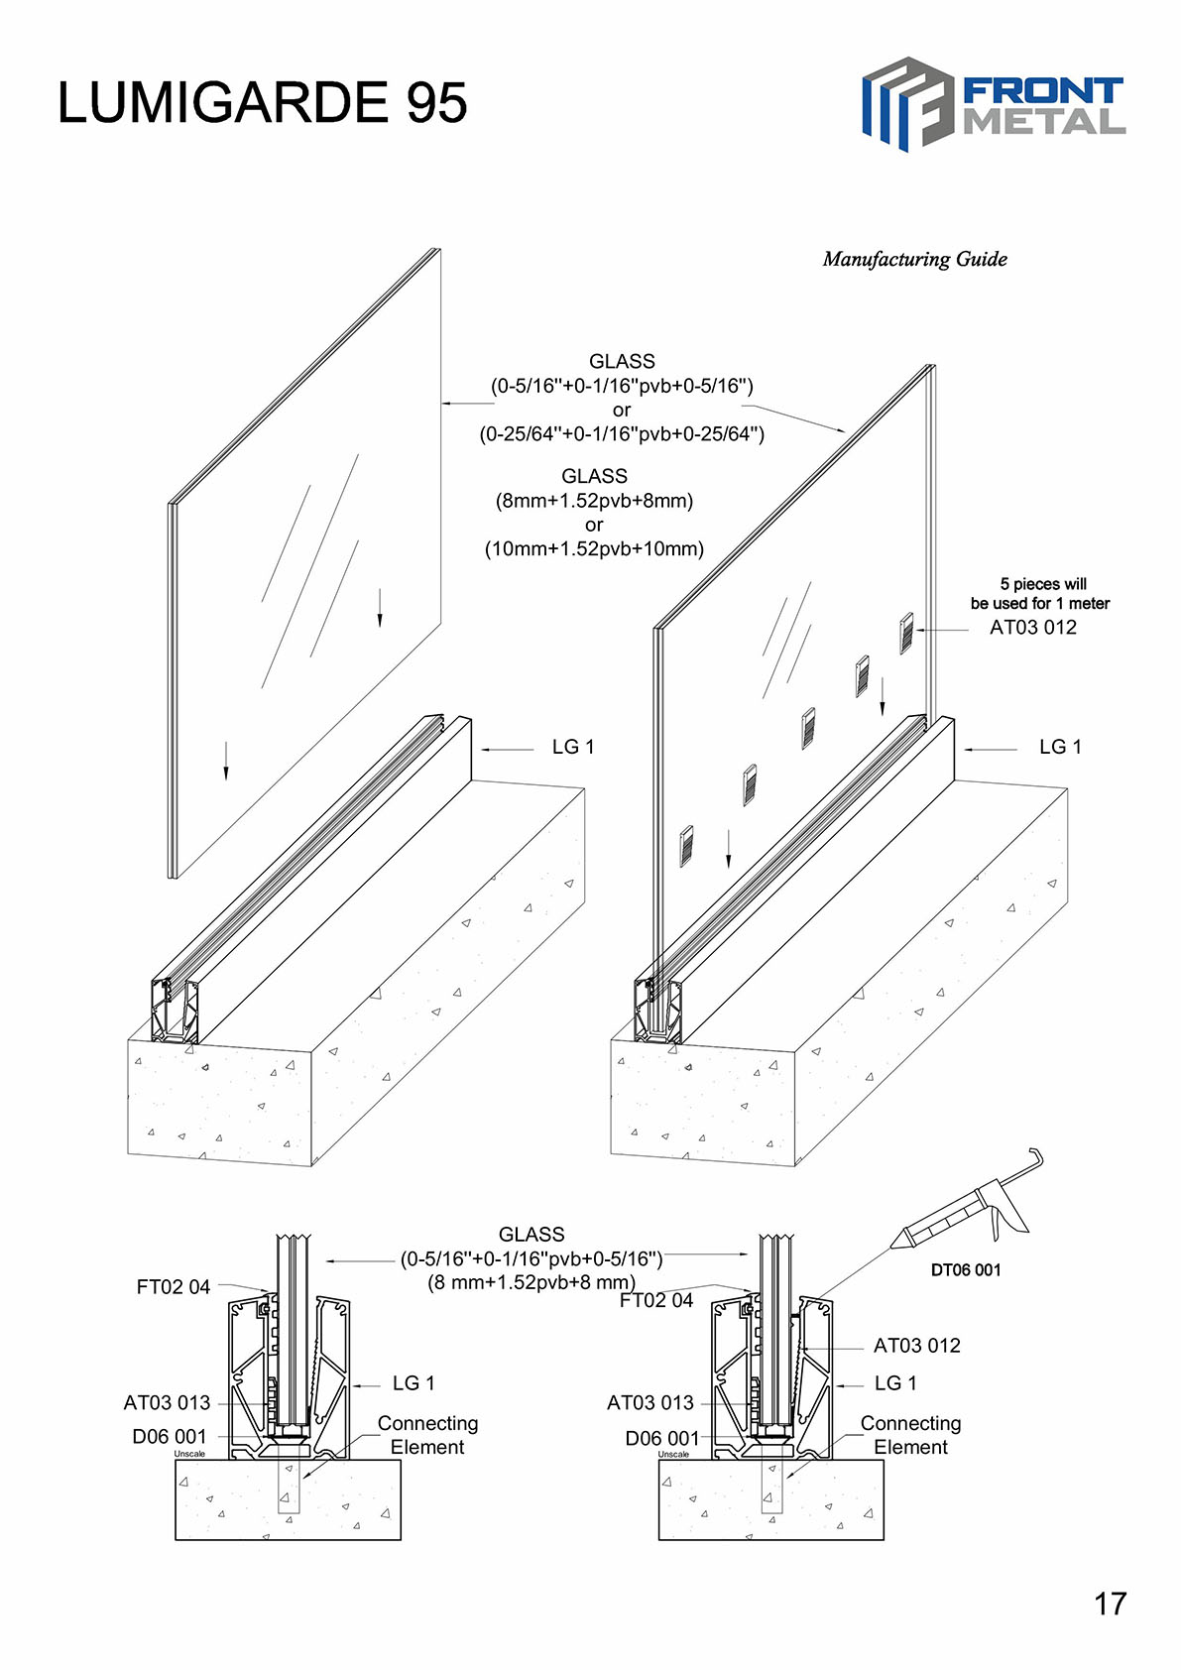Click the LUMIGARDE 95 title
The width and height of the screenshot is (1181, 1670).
coord(262,102)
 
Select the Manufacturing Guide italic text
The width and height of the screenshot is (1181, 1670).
coord(914,260)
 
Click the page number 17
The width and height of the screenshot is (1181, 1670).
coord(1110,1604)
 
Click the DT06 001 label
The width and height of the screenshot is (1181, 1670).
coord(965,1269)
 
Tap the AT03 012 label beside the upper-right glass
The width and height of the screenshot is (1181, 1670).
coord(1032,627)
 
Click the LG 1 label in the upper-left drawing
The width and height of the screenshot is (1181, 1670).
coord(572,747)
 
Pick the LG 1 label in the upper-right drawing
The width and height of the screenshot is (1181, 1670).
coord(1059,747)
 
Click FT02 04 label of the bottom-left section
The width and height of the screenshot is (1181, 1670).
coord(173,1286)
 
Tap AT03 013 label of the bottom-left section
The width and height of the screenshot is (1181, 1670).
coord(167,1402)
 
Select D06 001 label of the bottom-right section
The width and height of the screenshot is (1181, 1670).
coord(661,1438)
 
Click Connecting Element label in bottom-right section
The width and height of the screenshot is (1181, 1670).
coord(910,1435)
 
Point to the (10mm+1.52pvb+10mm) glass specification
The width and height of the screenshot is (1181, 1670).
coord(594,548)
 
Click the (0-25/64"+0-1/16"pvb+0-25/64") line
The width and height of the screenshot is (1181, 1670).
coord(622,433)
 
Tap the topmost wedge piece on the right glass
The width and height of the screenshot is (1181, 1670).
coord(905,633)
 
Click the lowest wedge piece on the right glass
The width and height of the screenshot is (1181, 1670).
coord(685,846)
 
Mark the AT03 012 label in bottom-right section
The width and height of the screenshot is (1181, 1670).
coord(916,1346)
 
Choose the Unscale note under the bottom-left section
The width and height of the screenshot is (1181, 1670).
coord(189,1454)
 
